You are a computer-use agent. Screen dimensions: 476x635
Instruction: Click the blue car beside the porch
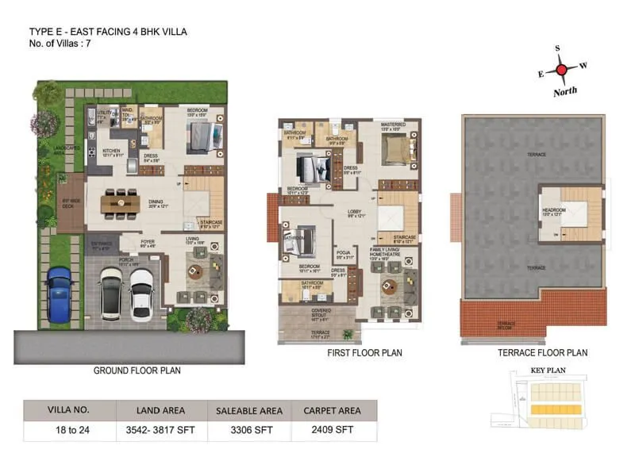pos(59,296)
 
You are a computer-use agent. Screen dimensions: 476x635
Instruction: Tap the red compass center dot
pos(562,71)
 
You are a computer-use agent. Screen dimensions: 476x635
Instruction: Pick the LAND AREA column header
pos(162,410)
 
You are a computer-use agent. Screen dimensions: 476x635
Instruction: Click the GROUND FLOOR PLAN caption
pos(137,370)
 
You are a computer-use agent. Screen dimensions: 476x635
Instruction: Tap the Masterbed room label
pos(393,125)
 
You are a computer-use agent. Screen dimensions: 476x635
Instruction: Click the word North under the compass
pos(565,93)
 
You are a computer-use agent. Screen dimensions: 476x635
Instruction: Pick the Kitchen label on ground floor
pos(110,150)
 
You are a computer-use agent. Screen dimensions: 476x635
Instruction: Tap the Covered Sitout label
pos(321,312)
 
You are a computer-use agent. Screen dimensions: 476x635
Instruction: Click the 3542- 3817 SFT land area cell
pos(162,432)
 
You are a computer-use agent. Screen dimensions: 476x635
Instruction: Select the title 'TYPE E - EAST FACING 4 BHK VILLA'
pos(109,32)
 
